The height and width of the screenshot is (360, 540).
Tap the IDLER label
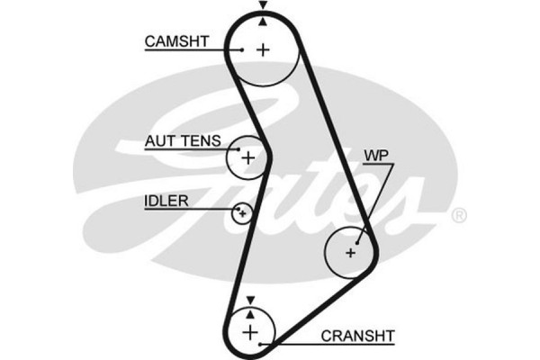tap(166, 200)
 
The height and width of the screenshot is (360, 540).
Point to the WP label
tap(376, 155)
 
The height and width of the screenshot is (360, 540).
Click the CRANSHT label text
tap(358, 336)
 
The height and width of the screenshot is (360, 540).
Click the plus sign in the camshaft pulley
tap(262, 49)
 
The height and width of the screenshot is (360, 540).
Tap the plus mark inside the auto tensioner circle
tap(247, 158)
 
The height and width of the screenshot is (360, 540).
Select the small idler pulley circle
tap(241, 213)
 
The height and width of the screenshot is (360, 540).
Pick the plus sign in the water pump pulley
tap(351, 252)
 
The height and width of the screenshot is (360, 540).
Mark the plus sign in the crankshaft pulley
tap(250, 332)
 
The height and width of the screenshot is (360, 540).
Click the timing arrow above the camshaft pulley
tap(262, 6)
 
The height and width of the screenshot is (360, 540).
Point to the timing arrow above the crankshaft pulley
tap(250, 300)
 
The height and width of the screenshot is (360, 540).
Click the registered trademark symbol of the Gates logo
tap(458, 215)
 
